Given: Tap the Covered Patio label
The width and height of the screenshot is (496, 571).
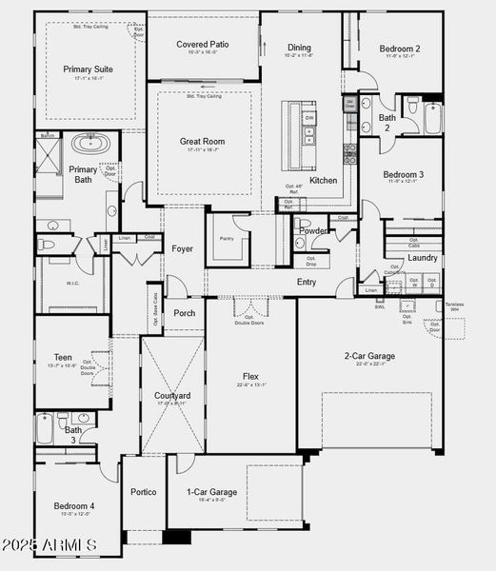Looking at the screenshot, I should (202, 43).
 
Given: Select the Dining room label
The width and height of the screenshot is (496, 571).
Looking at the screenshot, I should (299, 47).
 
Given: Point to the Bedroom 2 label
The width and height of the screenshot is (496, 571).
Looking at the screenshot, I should (400, 49).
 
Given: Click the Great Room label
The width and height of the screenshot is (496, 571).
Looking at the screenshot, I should (202, 141).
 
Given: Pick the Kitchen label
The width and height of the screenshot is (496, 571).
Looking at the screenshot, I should (323, 180).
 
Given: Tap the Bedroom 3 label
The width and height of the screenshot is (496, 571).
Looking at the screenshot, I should (404, 175).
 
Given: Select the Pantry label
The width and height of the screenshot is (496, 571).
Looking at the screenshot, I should (227, 239).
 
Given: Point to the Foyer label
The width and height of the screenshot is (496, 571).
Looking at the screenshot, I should (182, 249).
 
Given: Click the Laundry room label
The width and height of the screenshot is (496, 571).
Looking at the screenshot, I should (423, 258).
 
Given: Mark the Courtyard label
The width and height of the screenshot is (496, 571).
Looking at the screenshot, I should (172, 395).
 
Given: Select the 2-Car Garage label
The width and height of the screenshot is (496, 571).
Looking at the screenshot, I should (369, 357).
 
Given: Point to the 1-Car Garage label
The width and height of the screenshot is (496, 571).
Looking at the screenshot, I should (211, 492).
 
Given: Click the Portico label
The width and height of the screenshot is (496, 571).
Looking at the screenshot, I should (143, 492).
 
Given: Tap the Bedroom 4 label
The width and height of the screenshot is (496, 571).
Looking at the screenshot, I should (73, 505).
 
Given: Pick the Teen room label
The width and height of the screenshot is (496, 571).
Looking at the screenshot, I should (64, 358).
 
